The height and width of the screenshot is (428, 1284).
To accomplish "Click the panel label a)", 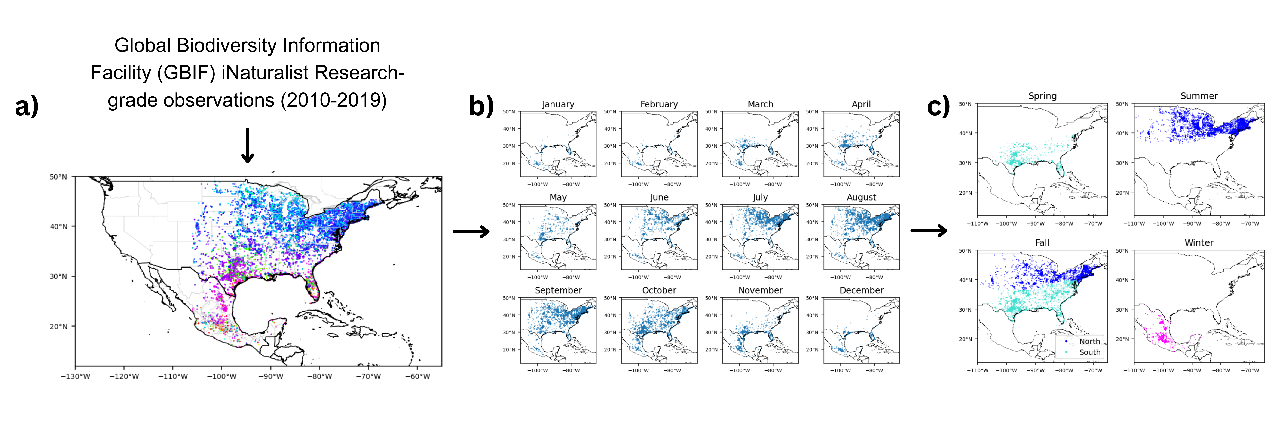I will [x=27, y=106].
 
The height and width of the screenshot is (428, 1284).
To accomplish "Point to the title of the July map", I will [x=760, y=197].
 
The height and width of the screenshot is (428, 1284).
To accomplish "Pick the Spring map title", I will [x=1042, y=96].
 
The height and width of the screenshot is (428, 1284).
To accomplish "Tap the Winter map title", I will [x=1199, y=243].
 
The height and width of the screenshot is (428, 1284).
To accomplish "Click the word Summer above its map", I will [x=1199, y=96].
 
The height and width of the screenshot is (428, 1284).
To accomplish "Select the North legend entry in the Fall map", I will [x=1090, y=341].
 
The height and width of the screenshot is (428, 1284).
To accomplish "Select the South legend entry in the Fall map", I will [x=1090, y=352].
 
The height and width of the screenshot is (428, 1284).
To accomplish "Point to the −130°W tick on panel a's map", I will [x=75, y=376].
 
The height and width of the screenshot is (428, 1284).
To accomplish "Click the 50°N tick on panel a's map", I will [x=58, y=177].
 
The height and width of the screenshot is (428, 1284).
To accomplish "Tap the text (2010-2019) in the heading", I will [x=333, y=100].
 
